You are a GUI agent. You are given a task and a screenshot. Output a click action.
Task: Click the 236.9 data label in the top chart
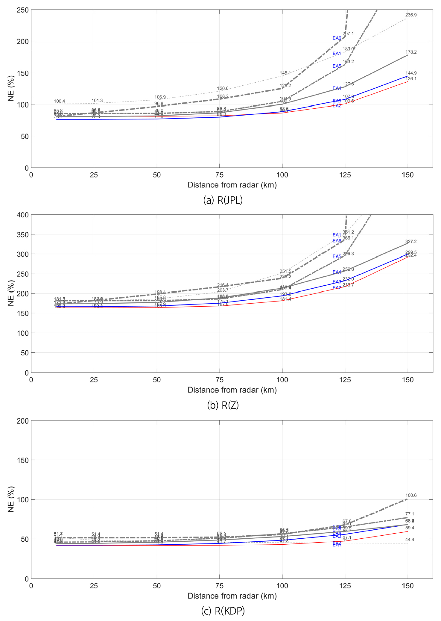click(x=411, y=15)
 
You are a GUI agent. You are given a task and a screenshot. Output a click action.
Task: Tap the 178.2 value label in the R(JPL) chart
click(x=411, y=52)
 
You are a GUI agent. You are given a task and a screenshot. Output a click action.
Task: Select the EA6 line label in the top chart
click(x=337, y=38)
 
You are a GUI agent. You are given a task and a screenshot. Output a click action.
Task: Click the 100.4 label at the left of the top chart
click(x=60, y=102)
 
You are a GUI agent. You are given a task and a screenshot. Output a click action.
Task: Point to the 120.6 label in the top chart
click(x=223, y=88)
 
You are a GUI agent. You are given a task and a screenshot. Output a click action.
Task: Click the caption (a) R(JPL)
click(x=223, y=200)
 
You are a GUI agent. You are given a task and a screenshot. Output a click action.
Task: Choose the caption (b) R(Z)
click(x=223, y=405)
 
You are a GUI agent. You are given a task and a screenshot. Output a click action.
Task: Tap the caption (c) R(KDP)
click(x=223, y=611)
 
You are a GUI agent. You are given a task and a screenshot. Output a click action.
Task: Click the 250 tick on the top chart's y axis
click(x=23, y=10)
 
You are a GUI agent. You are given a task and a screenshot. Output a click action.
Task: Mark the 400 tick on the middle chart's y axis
click(x=23, y=215)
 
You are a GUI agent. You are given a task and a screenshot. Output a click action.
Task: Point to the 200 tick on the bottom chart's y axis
click(x=23, y=421)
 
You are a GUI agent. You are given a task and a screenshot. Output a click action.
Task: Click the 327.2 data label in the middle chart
click(x=411, y=241)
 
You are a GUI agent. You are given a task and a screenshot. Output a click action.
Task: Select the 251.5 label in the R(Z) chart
click(x=285, y=271)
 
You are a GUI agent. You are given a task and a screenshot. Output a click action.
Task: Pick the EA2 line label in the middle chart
click(x=337, y=288)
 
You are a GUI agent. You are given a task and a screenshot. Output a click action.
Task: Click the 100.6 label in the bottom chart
click(x=411, y=495)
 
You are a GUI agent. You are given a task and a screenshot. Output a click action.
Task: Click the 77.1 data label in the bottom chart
click(x=410, y=514)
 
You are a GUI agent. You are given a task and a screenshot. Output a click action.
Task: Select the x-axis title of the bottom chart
click(x=232, y=596)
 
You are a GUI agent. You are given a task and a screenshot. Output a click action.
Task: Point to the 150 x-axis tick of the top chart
click(x=407, y=175)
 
